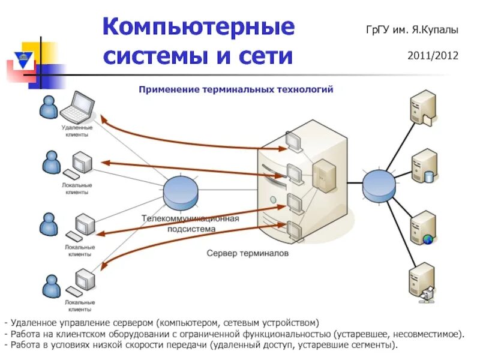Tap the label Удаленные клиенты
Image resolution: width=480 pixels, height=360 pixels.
pyautogui.click(x=77, y=131)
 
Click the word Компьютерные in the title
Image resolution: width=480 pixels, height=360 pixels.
pyautogui.click(x=199, y=27)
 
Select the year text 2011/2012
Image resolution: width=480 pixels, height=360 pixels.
pyautogui.click(x=433, y=56)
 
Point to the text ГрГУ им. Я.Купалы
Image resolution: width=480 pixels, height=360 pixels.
pyautogui.click(x=412, y=29)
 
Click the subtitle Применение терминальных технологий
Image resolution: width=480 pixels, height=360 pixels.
pyautogui.click(x=236, y=89)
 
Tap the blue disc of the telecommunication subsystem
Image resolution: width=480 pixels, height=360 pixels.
pyautogui.click(x=181, y=190)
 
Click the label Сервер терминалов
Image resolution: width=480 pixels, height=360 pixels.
pyautogui.click(x=248, y=254)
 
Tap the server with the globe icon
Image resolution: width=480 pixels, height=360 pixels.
pyautogui.click(x=422, y=227)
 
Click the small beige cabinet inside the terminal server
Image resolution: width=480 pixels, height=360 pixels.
pyautogui.click(x=324, y=175)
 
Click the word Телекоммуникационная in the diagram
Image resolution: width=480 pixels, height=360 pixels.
pyautogui.click(x=190, y=218)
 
